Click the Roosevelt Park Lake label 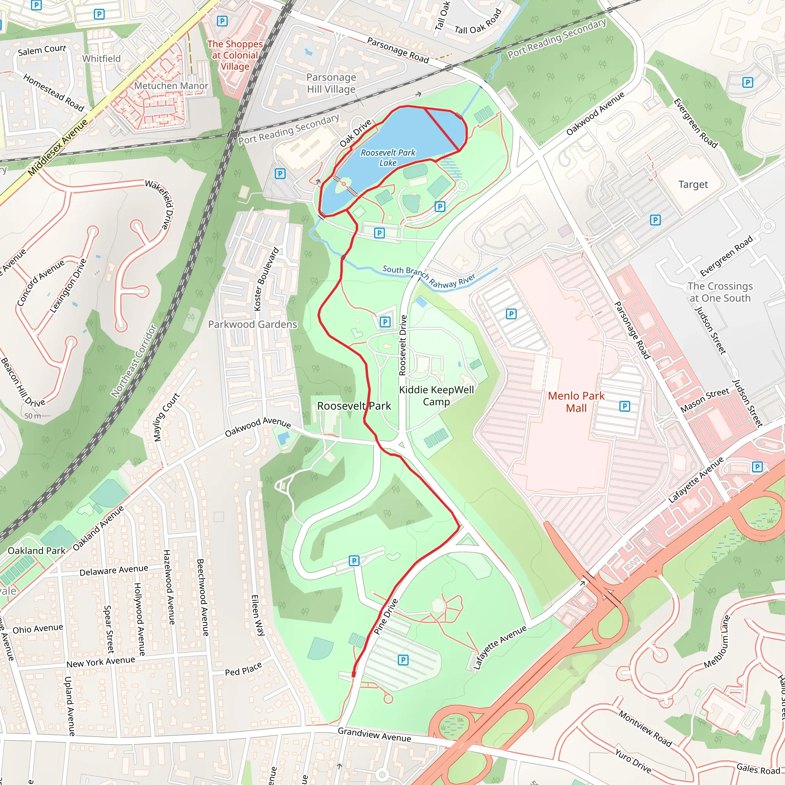click(x=388, y=158)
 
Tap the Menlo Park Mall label click(x=576, y=402)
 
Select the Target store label click(x=693, y=184)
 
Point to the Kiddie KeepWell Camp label click(x=436, y=395)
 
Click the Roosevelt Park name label click(x=354, y=406)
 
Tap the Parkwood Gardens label click(x=252, y=324)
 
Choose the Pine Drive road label click(x=386, y=616)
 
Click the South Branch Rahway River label click(x=429, y=277)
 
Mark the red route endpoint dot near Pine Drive click(x=353, y=675)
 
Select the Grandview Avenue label click(x=374, y=735)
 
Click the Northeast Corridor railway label click(x=134, y=361)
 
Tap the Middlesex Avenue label click(x=58, y=148)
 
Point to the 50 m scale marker click(x=33, y=415)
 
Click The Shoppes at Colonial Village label click(x=235, y=55)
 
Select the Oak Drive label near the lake click(x=356, y=133)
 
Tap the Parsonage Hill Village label click(x=331, y=83)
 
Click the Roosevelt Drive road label click(x=403, y=345)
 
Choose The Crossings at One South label click(x=719, y=292)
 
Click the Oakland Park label click(x=36, y=550)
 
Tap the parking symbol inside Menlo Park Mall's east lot click(x=624, y=406)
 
